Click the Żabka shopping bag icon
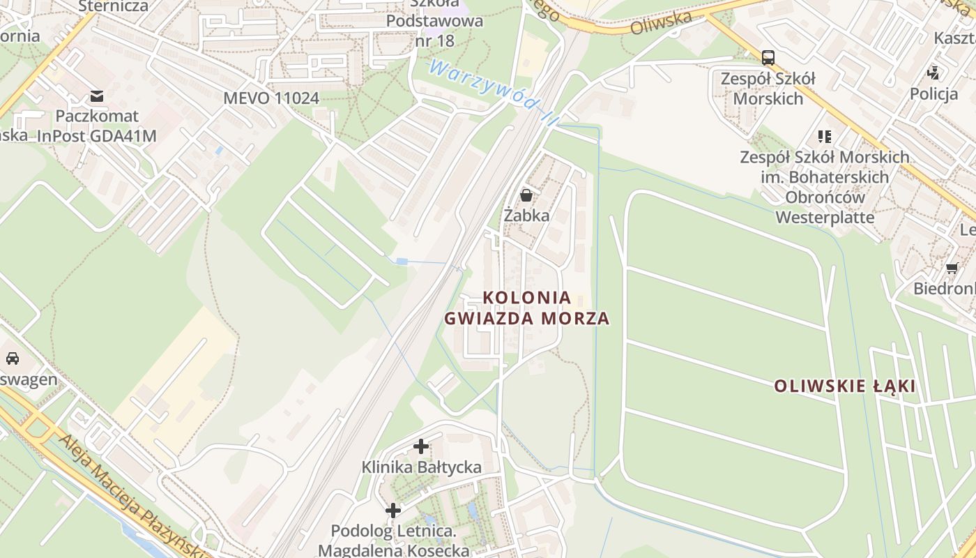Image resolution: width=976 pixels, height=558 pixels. (x=526, y=195)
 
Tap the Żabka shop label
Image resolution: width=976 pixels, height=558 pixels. (x=526, y=216)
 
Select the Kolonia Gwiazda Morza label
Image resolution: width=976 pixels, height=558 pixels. (x=527, y=308)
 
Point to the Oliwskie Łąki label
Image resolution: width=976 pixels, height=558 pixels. (x=844, y=386)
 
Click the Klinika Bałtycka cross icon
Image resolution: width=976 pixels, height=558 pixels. (x=421, y=446)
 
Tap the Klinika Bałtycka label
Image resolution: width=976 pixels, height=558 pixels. (x=421, y=467)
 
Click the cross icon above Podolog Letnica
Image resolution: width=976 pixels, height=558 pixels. (x=393, y=511)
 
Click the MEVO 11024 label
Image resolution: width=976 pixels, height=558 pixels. (x=271, y=98)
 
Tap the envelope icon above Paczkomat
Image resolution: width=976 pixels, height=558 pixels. (x=97, y=96)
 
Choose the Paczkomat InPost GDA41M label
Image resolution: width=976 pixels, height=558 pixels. (x=97, y=126)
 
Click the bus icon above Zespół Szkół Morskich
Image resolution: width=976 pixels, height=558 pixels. (x=768, y=57)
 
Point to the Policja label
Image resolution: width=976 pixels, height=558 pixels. (x=933, y=93)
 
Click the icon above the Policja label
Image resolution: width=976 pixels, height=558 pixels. (x=933, y=73)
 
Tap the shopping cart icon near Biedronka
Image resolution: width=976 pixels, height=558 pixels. (x=952, y=269)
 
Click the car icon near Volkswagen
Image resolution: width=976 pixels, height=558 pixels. (x=13, y=359)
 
